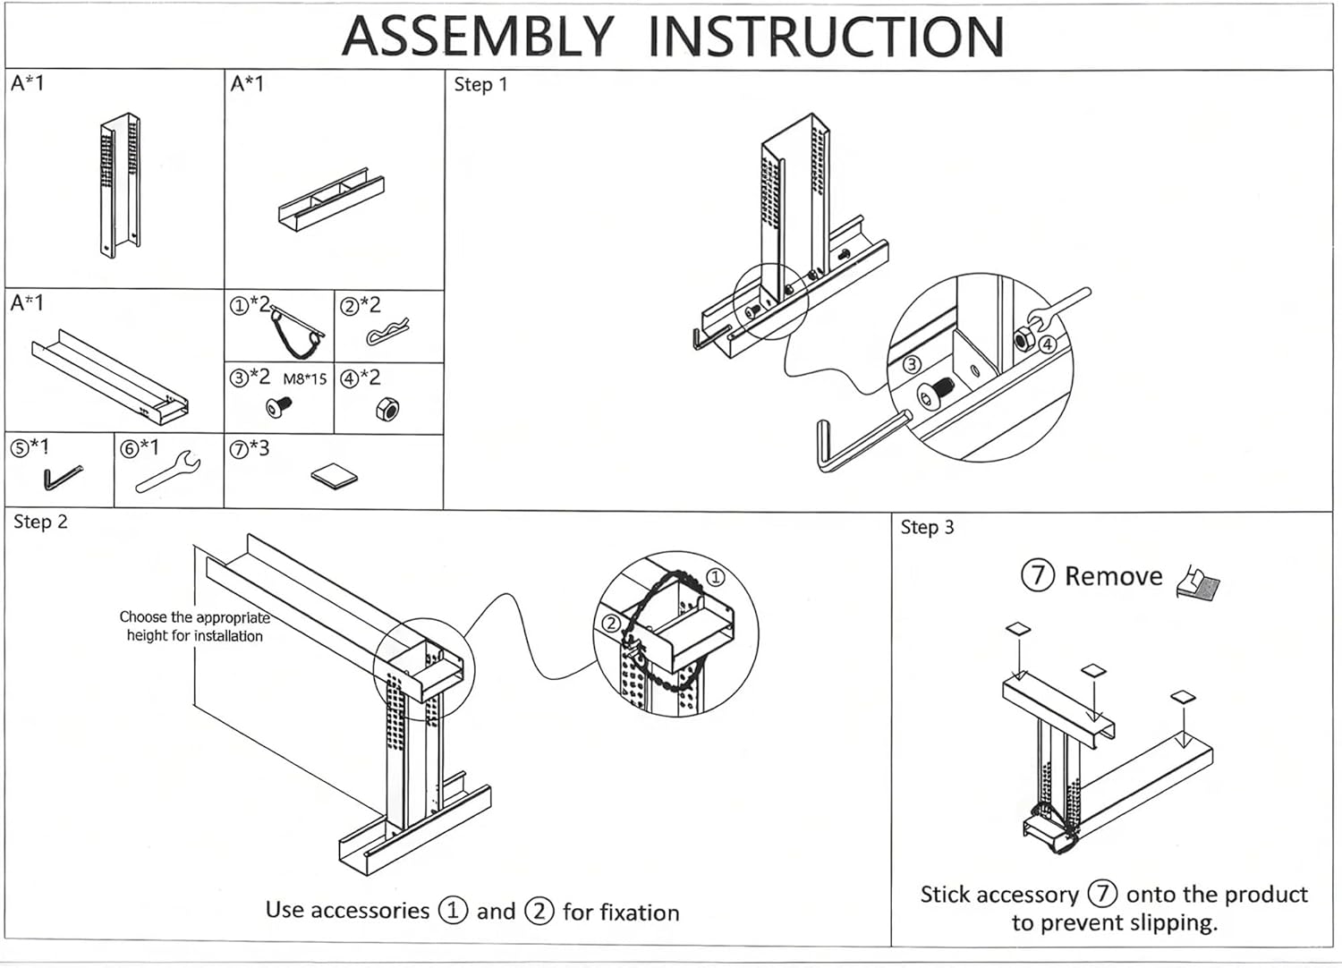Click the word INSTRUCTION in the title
825,37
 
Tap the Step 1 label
480,85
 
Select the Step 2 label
40,522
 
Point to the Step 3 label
927,528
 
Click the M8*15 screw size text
305,379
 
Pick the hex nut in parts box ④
386,410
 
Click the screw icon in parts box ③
279,407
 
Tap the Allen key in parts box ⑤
62,478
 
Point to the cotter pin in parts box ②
387,333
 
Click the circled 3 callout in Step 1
911,364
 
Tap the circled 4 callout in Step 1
1048,344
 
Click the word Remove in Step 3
1113,577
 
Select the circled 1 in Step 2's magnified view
716,578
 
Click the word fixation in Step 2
621,913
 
